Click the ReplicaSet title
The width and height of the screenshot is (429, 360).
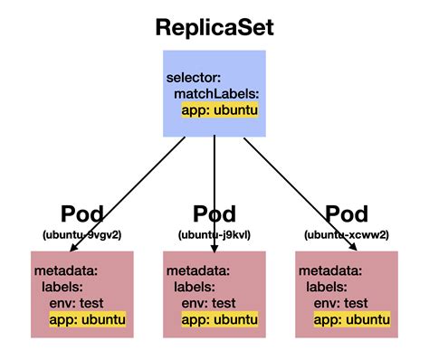[x=214, y=27]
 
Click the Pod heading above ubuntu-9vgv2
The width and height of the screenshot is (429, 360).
[x=81, y=214]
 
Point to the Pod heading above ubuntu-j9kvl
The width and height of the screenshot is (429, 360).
[x=214, y=214]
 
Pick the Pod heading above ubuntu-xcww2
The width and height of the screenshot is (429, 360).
[x=347, y=214]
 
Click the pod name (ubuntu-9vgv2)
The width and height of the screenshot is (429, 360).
[x=81, y=234]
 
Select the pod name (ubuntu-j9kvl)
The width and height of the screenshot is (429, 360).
[x=214, y=234]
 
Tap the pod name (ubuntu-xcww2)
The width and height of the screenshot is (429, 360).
[x=347, y=234]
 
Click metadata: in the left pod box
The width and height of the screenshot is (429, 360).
[x=65, y=270]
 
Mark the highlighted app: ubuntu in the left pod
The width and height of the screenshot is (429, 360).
[x=87, y=319]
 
